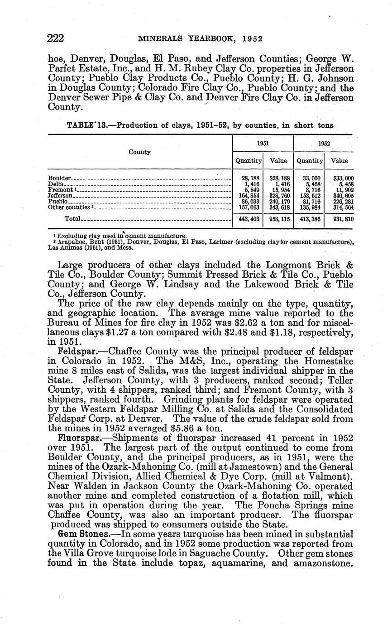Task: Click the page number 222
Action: pos(56,38)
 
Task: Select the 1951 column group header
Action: pos(263,143)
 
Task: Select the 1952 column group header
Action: pos(324,143)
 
